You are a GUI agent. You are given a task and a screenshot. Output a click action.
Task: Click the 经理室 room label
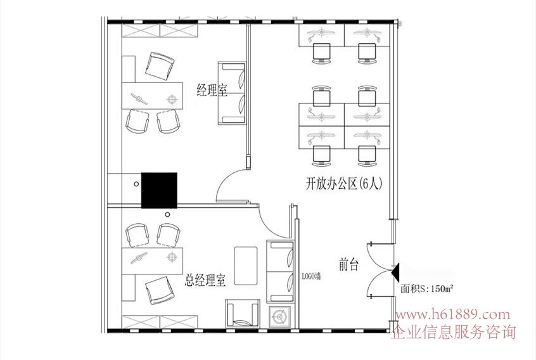click(x=212, y=90)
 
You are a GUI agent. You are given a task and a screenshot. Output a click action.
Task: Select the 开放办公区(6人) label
click(x=343, y=184)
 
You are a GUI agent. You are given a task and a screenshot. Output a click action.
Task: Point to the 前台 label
click(x=348, y=265)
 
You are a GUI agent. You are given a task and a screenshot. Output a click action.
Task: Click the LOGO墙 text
click(x=311, y=276)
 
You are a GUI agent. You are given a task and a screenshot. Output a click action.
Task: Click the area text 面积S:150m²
click(x=427, y=289)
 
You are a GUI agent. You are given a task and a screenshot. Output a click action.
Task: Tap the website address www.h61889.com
click(x=452, y=314)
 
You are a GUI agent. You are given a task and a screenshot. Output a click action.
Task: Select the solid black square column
click(x=159, y=190)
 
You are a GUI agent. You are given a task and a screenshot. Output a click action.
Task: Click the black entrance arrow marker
click(x=395, y=273)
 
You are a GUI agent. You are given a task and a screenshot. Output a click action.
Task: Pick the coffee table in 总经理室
click(x=245, y=266)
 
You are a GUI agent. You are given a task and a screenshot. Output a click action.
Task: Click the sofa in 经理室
click(x=232, y=93)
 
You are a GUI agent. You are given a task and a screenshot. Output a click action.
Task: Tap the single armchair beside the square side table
click(x=243, y=313)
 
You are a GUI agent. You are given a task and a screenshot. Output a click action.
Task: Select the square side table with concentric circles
click(x=279, y=316)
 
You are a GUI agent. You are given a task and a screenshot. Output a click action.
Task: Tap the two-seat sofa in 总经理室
click(x=280, y=272)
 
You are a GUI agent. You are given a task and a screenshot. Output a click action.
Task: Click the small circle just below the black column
click(x=167, y=215)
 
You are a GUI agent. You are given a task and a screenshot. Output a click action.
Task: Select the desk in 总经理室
click(x=153, y=262)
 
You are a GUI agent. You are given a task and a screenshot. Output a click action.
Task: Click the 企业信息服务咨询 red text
click(x=453, y=331)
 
